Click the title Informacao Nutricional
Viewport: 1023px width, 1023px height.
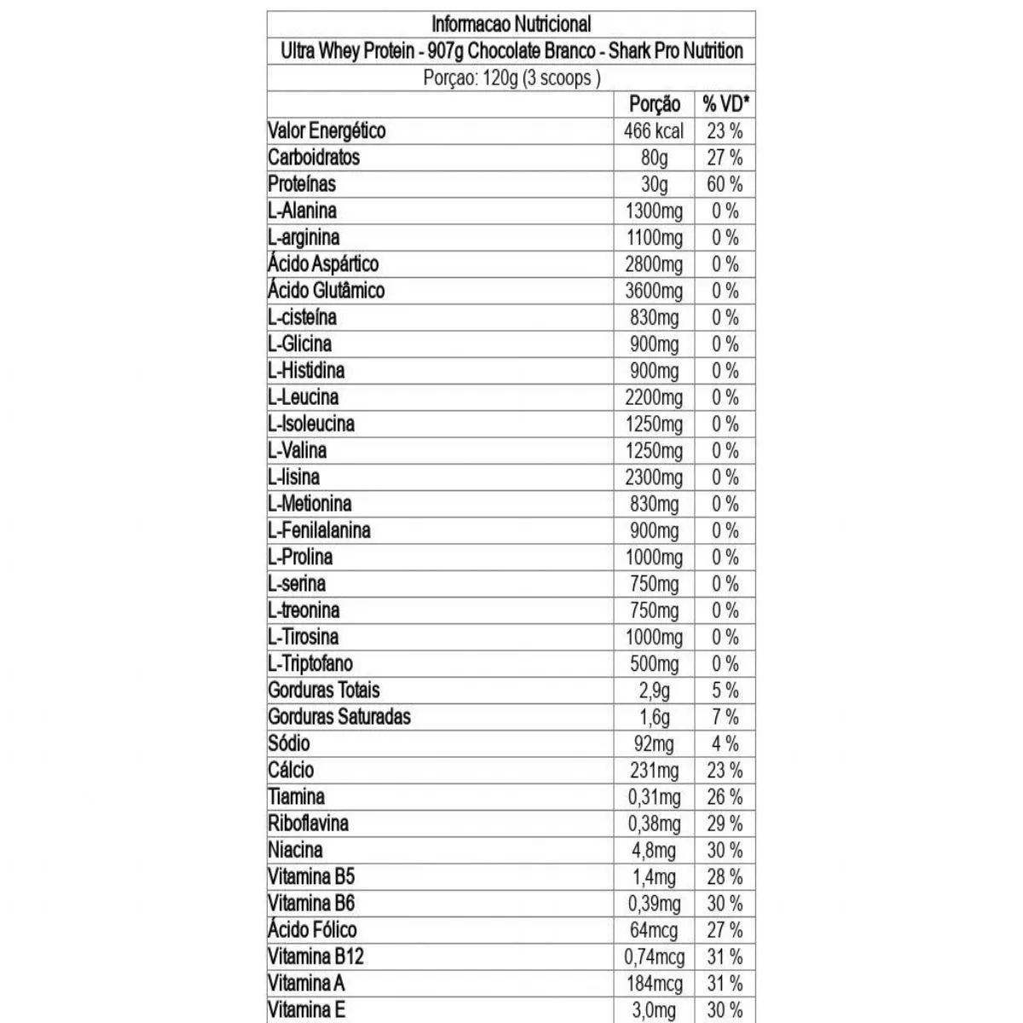[511, 24]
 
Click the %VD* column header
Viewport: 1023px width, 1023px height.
[725, 104]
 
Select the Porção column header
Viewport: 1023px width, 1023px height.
[654, 104]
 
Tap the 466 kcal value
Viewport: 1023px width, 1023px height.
[654, 131]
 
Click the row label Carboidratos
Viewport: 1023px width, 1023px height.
[314, 158]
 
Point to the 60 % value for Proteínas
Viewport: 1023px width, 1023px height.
[725, 184]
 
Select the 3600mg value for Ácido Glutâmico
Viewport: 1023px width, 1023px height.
[654, 291]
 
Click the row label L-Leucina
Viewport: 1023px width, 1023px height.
[303, 397]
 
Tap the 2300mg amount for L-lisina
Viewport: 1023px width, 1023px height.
[654, 477]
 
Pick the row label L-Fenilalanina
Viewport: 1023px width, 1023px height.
[319, 530]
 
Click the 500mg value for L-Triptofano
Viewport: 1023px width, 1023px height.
[654, 663]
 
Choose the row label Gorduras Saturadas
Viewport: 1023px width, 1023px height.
[338, 717]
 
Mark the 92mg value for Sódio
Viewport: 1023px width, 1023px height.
[654, 743]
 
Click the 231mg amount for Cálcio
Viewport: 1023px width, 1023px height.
[654, 770]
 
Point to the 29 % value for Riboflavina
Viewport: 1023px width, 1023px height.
[725, 824]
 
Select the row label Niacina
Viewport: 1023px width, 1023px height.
[295, 850]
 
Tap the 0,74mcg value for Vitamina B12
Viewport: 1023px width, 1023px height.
[654, 957]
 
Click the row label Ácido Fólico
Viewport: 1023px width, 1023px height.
[312, 930]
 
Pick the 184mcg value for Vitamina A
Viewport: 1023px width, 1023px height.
[654, 983]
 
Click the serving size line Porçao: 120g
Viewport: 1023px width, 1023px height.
[511, 78]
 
